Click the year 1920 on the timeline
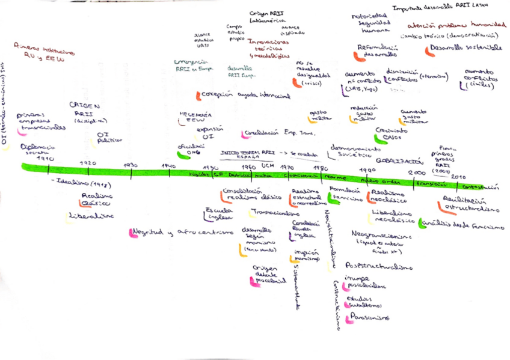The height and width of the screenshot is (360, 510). (88, 163)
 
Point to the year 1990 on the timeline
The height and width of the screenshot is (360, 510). (366, 169)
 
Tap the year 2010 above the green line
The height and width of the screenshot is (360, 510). (458, 176)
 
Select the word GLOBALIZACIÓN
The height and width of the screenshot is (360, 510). (397, 160)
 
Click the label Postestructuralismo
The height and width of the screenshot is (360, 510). (379, 266)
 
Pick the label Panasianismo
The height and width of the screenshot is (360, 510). (369, 317)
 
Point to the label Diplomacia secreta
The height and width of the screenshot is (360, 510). (37, 150)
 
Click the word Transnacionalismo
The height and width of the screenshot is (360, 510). (275, 213)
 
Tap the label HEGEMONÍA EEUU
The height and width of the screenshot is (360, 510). (196, 117)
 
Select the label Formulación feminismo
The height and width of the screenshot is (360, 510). (346, 194)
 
